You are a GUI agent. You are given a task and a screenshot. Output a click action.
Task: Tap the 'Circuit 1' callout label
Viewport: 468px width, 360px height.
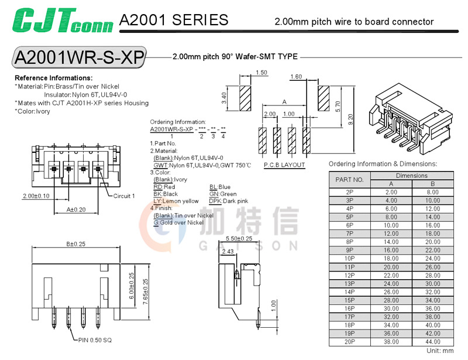pyautogui.click(x=124, y=196)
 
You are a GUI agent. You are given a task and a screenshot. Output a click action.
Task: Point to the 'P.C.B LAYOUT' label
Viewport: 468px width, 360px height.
pyautogui.click(x=284, y=165)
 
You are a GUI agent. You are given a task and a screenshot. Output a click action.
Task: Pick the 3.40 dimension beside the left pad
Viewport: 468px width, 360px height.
pyautogui.click(x=225, y=98)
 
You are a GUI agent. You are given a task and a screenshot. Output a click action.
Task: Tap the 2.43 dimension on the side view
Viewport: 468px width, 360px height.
pyautogui.click(x=228, y=251)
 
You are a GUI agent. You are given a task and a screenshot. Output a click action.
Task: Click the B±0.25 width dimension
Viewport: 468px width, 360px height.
pyautogui.click(x=75, y=244)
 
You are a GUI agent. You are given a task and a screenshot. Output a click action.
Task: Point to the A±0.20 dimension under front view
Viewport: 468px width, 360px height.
pyautogui.click(x=76, y=209)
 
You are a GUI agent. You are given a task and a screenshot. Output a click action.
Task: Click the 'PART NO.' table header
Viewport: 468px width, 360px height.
pyautogui.click(x=350, y=180)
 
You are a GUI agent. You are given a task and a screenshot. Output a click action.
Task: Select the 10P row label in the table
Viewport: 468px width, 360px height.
pyautogui.click(x=350, y=258)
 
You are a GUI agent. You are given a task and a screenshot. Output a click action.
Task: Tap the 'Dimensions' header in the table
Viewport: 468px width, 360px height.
pyautogui.click(x=412, y=176)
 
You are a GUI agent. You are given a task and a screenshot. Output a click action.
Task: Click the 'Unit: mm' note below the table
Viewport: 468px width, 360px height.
pyautogui.click(x=440, y=351)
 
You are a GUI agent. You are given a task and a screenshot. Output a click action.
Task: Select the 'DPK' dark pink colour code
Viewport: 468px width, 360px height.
pyautogui.click(x=215, y=201)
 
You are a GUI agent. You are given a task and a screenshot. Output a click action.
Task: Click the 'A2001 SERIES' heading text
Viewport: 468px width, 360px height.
pyautogui.click(x=174, y=20)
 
